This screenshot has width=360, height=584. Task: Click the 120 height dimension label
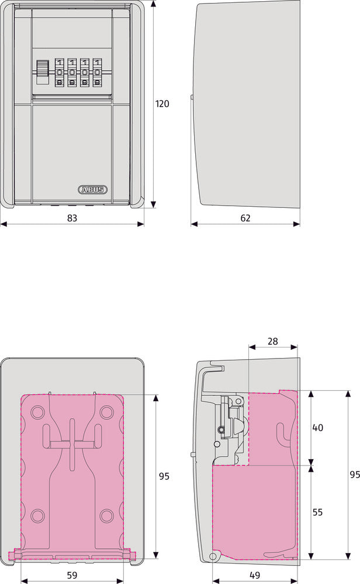[162, 104]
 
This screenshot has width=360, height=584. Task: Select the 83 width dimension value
[72, 218]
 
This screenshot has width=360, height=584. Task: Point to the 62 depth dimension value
[245, 218]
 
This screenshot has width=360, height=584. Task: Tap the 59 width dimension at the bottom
[72, 575]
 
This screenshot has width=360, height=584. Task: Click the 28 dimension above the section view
[273, 340]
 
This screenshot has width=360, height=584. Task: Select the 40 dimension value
[318, 427]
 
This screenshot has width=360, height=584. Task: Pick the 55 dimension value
[318, 512]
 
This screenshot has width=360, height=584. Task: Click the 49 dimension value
[254, 575]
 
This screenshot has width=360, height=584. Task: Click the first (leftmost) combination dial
[59, 72]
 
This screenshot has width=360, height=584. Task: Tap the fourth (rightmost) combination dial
[96, 72]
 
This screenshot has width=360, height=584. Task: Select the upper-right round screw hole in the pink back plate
[106, 412]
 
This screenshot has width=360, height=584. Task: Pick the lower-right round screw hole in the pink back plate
[106, 515]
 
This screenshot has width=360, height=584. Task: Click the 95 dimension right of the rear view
[164, 476]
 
